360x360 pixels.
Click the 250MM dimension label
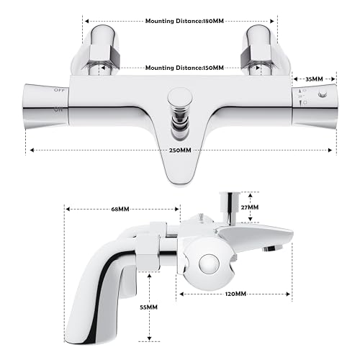[180, 150]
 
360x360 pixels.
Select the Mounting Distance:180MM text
[180, 22]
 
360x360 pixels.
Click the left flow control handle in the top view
[48, 104]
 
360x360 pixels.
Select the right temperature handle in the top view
[313, 104]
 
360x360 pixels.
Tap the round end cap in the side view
[210, 264]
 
